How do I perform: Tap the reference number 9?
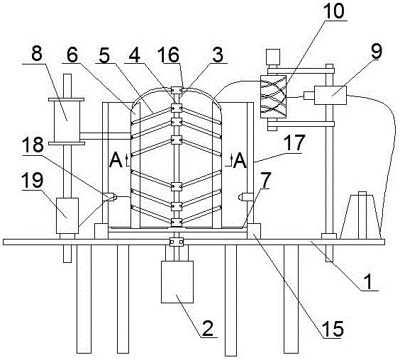point(377,52)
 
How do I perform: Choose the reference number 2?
point(208,328)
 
